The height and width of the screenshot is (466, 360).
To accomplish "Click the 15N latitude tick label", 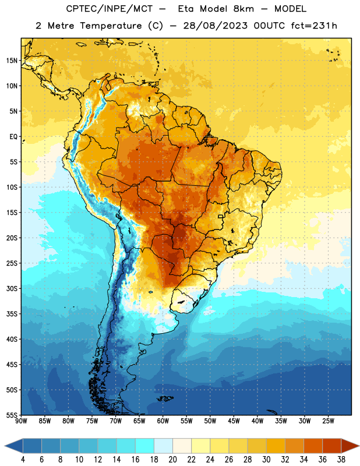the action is (x=12, y=61).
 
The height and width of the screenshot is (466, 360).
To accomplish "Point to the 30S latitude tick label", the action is (x=12, y=288).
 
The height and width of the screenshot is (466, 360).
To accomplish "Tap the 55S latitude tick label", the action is (x=12, y=415).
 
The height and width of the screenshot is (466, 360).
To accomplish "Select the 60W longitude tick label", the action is (x=163, y=421).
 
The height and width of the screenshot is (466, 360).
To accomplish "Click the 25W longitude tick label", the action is (x=328, y=421).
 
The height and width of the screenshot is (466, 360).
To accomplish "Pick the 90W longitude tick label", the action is (x=21, y=421).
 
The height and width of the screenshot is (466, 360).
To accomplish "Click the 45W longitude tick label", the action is (x=234, y=421).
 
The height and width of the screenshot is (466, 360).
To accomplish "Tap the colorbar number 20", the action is (x=172, y=460).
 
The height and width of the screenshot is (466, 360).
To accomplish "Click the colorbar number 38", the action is (x=341, y=460).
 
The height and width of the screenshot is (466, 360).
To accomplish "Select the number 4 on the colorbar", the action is (x=23, y=460).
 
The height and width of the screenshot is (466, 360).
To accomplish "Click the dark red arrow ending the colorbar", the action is (x=350, y=446).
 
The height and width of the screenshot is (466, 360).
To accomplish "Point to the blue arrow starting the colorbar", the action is (x=13, y=446).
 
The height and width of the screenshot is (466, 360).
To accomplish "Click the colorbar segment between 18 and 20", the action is (x=164, y=446).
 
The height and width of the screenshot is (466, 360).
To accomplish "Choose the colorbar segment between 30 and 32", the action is (x=276, y=446).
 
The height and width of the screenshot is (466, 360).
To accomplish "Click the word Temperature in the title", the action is (x=111, y=26).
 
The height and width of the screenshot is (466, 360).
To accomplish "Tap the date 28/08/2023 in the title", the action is (x=215, y=26).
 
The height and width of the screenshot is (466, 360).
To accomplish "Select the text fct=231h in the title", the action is (x=314, y=26).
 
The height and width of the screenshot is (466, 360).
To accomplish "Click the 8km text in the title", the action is (x=243, y=9).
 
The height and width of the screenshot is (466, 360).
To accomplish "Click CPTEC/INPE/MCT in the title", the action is (x=109, y=9).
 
